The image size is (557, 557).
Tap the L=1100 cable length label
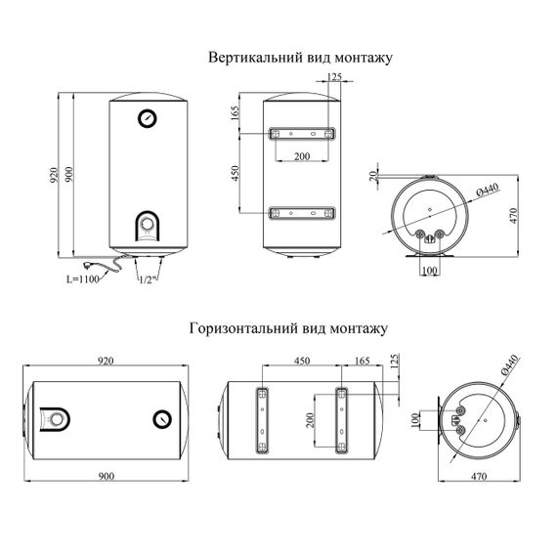[83, 279]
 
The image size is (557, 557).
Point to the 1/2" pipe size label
[148, 279]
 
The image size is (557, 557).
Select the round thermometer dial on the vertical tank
[148, 118]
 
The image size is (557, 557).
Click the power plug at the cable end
[87, 265]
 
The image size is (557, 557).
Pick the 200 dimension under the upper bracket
[302, 156]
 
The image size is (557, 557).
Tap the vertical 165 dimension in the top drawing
[235, 113]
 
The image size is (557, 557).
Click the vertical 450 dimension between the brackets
[235, 173]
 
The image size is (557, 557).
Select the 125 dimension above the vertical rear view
[334, 76]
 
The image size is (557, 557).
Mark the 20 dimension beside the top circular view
[372, 176]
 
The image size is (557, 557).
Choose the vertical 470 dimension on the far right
[514, 216]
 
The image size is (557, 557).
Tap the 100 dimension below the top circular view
[430, 271]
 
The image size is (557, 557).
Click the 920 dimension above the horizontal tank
[106, 361]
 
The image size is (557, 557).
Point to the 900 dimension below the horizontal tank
[106, 476]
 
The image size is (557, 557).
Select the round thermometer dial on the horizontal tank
[162, 419]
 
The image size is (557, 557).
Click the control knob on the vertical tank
[147, 224]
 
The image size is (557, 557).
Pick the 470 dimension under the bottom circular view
[479, 476]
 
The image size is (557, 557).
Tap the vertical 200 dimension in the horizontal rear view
[310, 420]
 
